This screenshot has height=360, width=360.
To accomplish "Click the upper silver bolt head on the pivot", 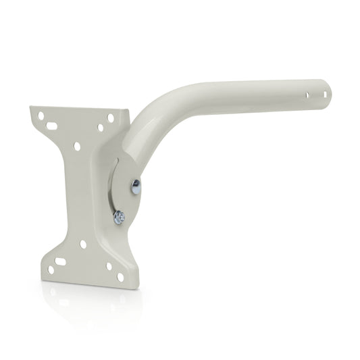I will pos(136,187).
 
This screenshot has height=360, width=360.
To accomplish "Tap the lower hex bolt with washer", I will pos(119,217).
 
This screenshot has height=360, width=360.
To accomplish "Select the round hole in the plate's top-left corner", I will pos(41,115).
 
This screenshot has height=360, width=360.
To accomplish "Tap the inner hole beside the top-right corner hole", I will pos(100,127).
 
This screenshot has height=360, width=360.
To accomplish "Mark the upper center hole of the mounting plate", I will pos(77,146).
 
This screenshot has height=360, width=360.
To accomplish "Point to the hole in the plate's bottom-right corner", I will pos(120,276).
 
